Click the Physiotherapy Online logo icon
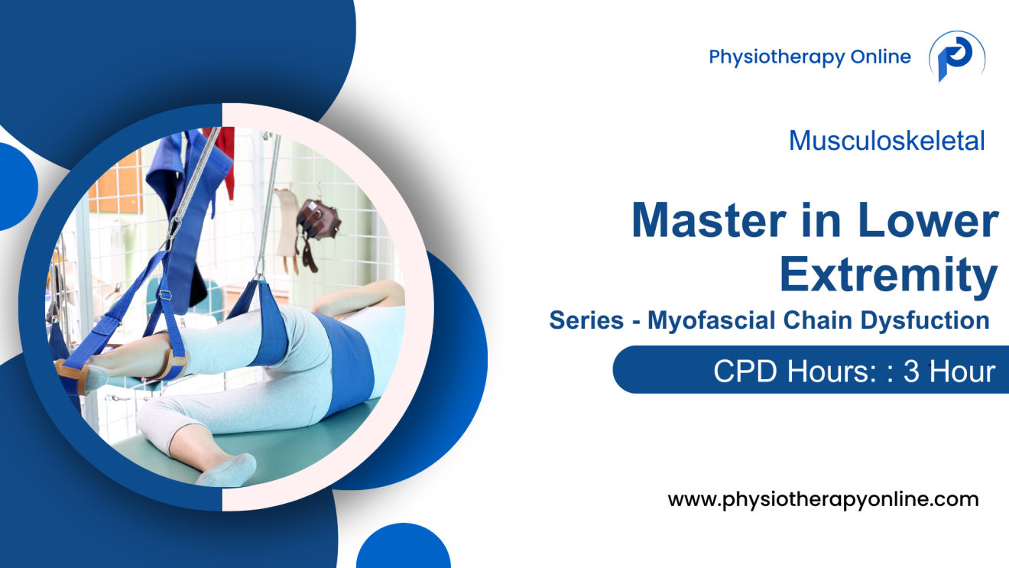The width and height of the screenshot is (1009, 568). [955, 57]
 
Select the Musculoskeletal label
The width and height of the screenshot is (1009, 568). [887, 141]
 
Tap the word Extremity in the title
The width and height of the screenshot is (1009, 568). [888, 275]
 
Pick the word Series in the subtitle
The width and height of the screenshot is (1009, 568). [586, 320]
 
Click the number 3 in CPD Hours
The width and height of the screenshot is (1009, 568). [910, 372]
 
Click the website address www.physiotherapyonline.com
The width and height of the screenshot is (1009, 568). [823, 500]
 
